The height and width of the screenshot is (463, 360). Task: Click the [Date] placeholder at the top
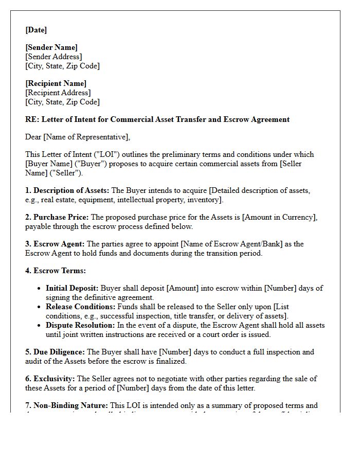(x=36, y=30)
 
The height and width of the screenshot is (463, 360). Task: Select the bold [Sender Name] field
(x=51, y=47)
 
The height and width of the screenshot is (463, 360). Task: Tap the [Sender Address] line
(x=53, y=57)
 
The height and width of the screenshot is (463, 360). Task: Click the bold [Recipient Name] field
(x=56, y=83)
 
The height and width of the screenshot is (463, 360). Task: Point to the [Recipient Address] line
(x=58, y=93)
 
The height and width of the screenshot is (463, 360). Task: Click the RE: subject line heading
(x=157, y=119)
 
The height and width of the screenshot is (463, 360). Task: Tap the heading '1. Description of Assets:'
(x=67, y=190)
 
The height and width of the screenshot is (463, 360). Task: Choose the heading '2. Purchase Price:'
(x=57, y=217)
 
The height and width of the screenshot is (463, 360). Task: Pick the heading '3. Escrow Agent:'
(x=55, y=244)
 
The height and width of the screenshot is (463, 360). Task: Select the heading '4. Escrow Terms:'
(x=56, y=271)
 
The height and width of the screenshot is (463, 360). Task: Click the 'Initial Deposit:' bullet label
(x=72, y=288)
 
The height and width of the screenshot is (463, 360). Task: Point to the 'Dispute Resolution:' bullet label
(x=80, y=325)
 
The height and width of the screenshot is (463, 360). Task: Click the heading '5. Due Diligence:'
(x=55, y=352)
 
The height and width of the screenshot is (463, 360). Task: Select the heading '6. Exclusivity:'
(x=49, y=379)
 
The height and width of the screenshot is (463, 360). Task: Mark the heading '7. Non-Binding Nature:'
(x=66, y=405)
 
